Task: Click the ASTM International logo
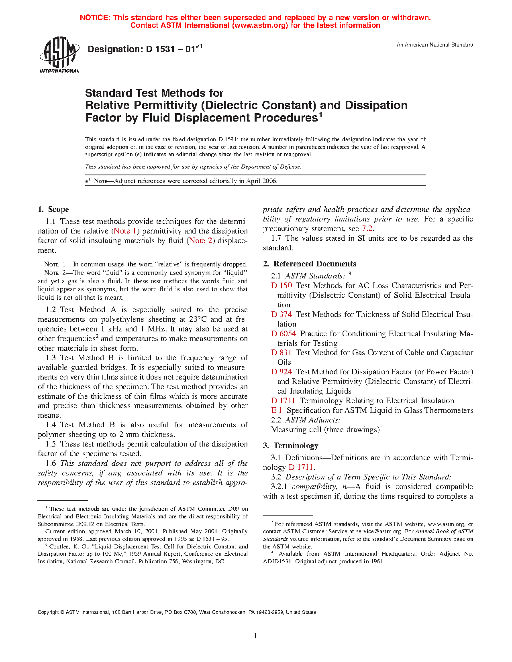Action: [x=59, y=55]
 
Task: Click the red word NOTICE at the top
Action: [x=94, y=18]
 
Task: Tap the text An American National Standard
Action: [x=435, y=45]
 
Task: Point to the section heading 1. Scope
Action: [x=53, y=209]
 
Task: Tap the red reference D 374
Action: [x=281, y=315]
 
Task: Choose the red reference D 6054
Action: [x=284, y=334]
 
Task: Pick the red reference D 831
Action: [x=281, y=353]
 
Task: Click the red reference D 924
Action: [x=281, y=372]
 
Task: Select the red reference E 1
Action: [x=277, y=410]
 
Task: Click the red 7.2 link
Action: [x=367, y=229]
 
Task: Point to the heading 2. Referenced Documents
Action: [x=309, y=264]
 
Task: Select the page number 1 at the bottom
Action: [x=255, y=636]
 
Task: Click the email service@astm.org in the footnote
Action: [x=379, y=532]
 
